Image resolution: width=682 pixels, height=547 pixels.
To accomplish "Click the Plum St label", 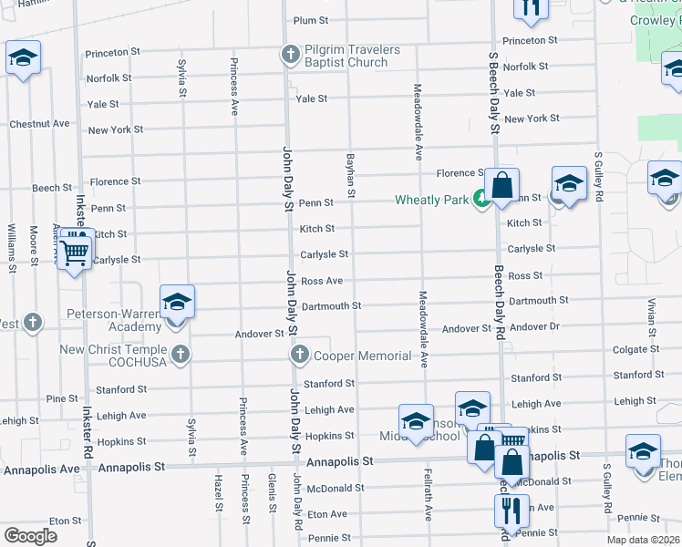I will click(x=310, y=20).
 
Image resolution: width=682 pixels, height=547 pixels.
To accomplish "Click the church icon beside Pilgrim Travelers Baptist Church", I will click(x=291, y=55).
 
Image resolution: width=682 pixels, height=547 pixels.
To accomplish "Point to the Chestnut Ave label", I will click(x=39, y=123).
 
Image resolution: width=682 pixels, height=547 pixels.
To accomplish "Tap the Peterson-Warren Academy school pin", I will click(x=177, y=304).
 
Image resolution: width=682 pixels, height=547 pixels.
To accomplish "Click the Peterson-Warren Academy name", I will click(x=115, y=319).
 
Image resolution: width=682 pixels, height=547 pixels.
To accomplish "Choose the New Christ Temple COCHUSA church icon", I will click(x=181, y=353).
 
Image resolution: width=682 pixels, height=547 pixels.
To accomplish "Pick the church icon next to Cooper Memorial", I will click(x=298, y=354).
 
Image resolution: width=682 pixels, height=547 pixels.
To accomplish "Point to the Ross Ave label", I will click(x=322, y=281).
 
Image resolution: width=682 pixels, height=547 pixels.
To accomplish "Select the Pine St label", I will click(x=62, y=398).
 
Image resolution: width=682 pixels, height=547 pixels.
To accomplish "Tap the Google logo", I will click(x=31, y=536).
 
